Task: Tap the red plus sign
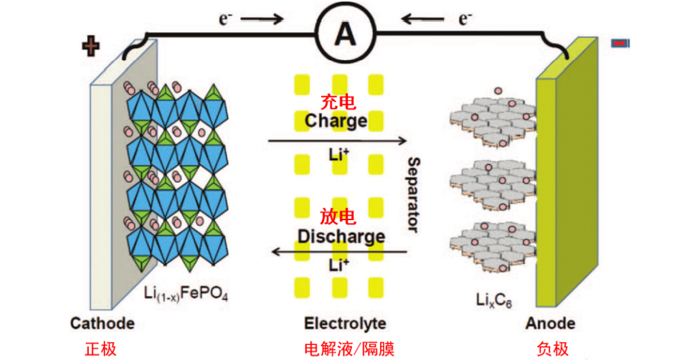click(90, 47)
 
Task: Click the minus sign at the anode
click(620, 44)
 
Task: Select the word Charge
click(336, 120)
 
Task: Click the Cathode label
click(102, 323)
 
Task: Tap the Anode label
click(551, 323)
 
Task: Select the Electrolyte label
click(345, 323)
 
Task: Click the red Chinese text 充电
click(336, 103)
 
